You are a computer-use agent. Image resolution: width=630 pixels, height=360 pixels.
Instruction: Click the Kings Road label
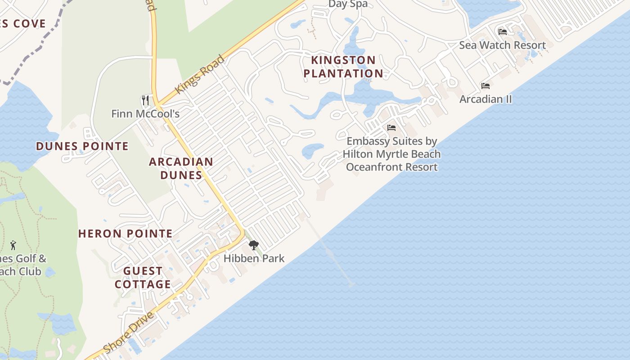[x=199, y=75]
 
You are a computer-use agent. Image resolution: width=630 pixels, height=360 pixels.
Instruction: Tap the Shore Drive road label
[x=129, y=332]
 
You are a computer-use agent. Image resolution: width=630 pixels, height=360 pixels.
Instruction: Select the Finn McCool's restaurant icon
[x=145, y=100]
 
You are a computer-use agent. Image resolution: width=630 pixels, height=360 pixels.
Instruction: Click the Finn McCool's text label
[x=145, y=114]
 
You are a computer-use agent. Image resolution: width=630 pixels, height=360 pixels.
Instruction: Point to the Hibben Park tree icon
[x=254, y=245]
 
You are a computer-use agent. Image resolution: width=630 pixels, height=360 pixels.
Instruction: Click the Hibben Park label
[x=254, y=258]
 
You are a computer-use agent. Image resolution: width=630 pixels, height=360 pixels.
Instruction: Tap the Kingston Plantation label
[x=344, y=67]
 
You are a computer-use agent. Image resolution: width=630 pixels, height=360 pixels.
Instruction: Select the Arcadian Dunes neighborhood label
[x=181, y=168]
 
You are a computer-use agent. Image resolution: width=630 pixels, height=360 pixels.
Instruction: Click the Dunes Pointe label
[x=82, y=146]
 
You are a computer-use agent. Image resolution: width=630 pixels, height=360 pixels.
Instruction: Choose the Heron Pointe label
[x=126, y=234]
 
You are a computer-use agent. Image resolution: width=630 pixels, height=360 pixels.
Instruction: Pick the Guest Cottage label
[x=143, y=278]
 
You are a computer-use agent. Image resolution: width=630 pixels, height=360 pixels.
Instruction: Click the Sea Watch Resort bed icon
[x=503, y=31]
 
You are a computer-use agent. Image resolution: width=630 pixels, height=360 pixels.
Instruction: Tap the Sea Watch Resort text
[x=502, y=45]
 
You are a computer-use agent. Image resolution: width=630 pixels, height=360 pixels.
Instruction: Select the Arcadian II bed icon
[x=486, y=85]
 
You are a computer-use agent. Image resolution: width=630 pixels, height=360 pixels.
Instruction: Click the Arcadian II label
[x=486, y=99]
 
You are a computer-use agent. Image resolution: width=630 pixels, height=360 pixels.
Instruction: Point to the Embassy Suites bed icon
[x=391, y=128]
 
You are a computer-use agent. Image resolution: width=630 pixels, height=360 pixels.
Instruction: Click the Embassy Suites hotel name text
[x=391, y=154]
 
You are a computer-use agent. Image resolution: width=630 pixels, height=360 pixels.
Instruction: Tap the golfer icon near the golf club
[x=13, y=246]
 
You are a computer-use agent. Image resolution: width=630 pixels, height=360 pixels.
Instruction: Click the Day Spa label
[x=348, y=4]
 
